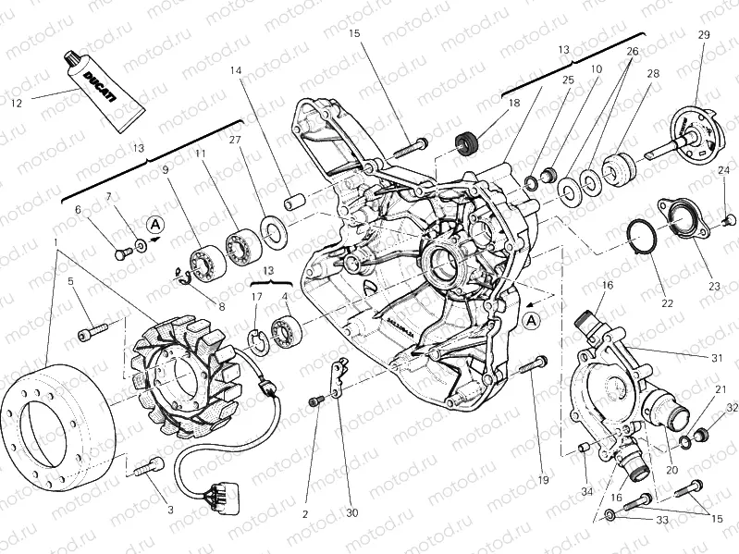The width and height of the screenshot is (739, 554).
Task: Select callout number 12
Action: (16, 103)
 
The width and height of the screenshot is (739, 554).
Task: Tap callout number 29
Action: (703, 35)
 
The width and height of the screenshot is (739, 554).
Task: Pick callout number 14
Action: (236, 71)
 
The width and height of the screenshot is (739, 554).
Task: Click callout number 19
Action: (543, 479)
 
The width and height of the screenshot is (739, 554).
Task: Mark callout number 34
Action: (586, 492)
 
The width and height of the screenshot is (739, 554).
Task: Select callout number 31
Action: (717, 358)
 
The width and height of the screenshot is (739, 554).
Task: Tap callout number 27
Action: (234, 141)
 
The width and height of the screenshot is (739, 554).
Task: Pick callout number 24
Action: (723, 169)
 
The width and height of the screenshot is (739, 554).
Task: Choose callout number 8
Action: (221, 306)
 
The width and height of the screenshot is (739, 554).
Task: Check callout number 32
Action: (731, 407)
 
